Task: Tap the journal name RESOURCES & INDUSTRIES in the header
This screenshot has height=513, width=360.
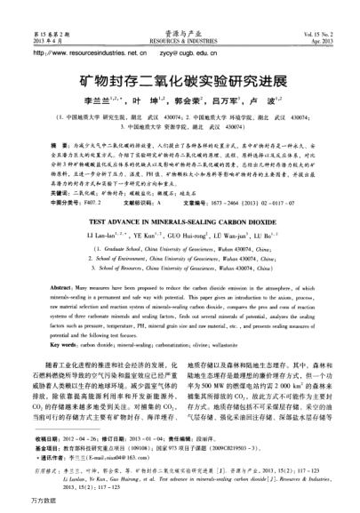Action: pyautogui.click(x=180, y=17)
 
